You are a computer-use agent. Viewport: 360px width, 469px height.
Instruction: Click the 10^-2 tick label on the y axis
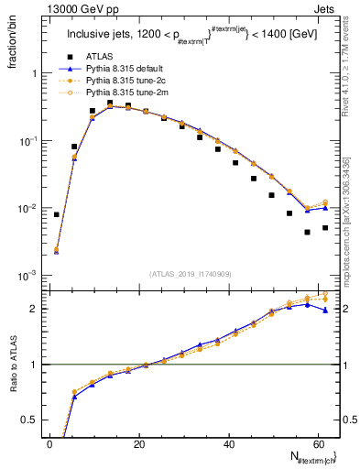[x=26, y=209]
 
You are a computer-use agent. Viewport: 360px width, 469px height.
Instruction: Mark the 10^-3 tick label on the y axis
[x=26, y=276]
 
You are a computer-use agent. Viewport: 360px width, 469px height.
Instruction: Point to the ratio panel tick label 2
[x=32, y=309]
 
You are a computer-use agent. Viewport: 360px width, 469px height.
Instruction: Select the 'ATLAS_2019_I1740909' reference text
[x=190, y=274]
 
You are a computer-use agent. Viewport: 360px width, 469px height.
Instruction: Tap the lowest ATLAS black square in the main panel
[x=308, y=232]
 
